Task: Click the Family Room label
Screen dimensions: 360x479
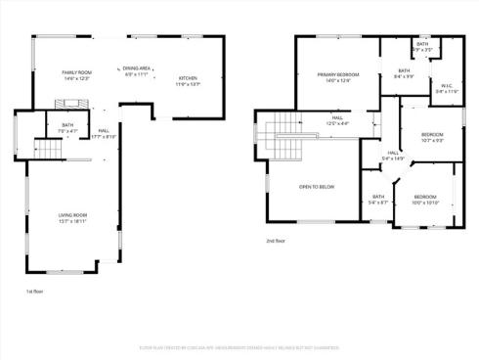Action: pyautogui.click(x=76, y=75)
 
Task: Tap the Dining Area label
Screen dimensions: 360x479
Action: pyautogui.click(x=137, y=70)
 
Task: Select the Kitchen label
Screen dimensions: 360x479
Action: pyautogui.click(x=187, y=81)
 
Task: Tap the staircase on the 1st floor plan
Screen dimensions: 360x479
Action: pyautogui.click(x=48, y=148)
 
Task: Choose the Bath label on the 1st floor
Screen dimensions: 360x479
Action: pyautogui.click(x=67, y=128)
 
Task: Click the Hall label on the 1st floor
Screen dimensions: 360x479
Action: pyautogui.click(x=104, y=133)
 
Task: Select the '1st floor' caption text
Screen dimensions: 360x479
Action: pyautogui.click(x=35, y=292)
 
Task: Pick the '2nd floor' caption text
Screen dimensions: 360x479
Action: pyautogui.click(x=276, y=240)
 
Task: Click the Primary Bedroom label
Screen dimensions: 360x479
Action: pyautogui.click(x=337, y=78)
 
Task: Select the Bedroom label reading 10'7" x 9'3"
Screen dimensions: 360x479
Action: pyautogui.click(x=431, y=137)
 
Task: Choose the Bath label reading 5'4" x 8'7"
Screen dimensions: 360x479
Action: pyautogui.click(x=378, y=201)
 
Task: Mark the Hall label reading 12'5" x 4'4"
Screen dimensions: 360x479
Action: pyautogui.click(x=336, y=120)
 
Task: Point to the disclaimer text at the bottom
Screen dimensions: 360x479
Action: pyautogui.click(x=239, y=345)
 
